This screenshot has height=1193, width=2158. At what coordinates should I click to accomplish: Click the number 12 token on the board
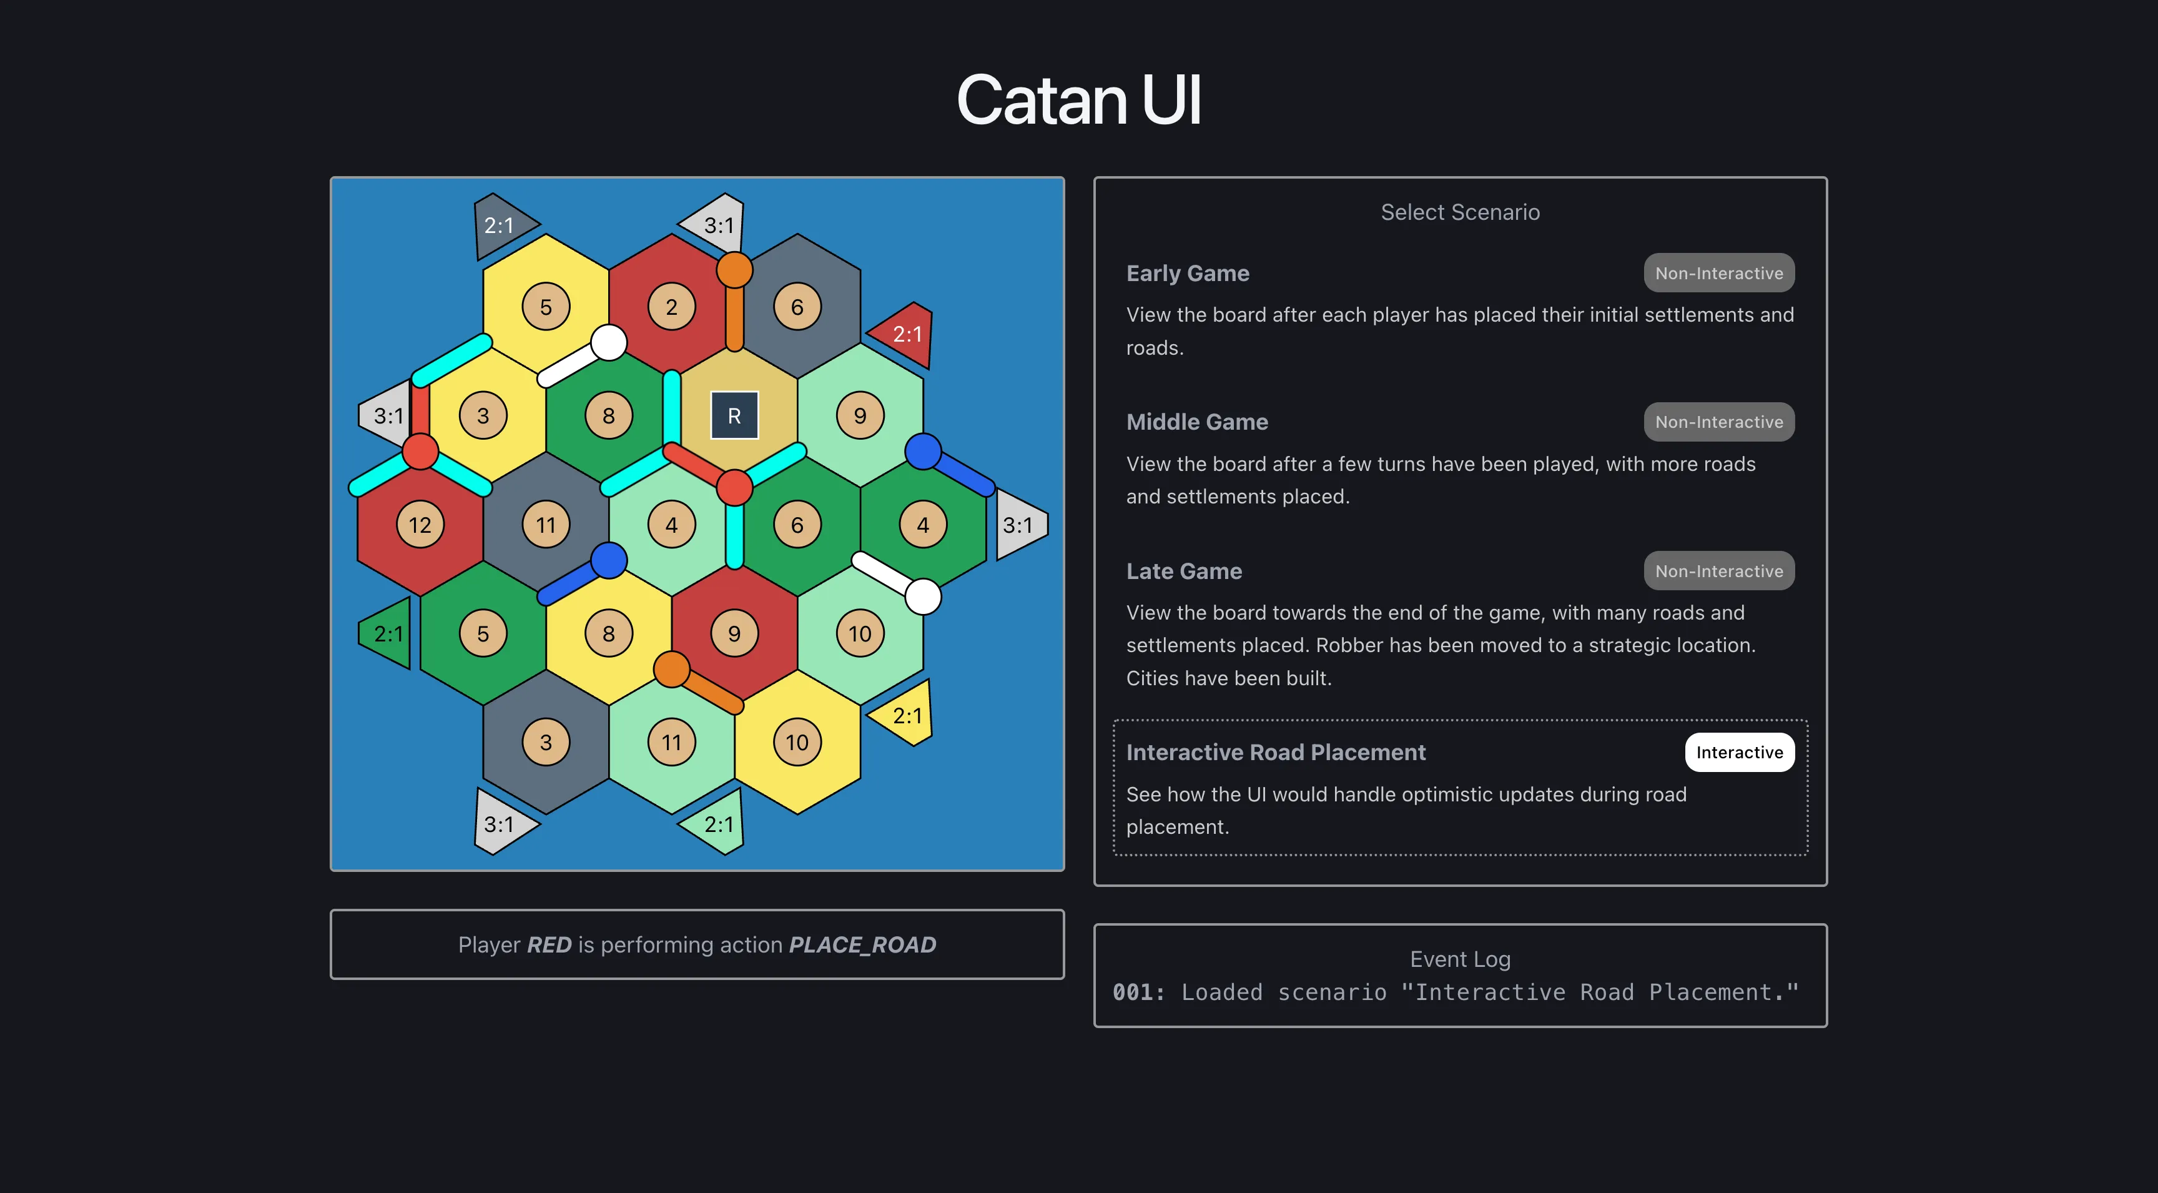[420, 525]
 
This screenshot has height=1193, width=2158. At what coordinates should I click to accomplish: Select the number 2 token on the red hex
[671, 307]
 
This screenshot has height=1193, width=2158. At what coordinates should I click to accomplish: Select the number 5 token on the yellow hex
[545, 307]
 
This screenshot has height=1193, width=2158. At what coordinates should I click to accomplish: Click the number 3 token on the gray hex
[545, 742]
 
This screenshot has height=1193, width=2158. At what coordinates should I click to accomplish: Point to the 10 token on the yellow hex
[797, 742]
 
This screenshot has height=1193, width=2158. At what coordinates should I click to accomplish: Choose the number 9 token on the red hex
[734, 633]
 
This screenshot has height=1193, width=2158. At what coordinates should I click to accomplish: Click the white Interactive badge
[1739, 752]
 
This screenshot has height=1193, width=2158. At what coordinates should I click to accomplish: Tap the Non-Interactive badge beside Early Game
[1719, 273]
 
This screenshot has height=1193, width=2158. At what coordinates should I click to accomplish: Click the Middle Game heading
[1197, 422]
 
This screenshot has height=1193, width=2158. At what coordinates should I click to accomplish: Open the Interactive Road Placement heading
[1276, 752]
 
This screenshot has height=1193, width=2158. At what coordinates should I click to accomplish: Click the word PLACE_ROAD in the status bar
[863, 945]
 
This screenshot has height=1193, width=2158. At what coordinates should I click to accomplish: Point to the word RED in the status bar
[549, 945]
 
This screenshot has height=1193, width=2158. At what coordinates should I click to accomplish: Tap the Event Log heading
[1460, 959]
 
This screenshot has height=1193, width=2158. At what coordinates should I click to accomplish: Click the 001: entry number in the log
[1138, 993]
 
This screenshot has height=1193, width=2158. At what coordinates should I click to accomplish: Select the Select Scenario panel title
[1460, 212]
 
